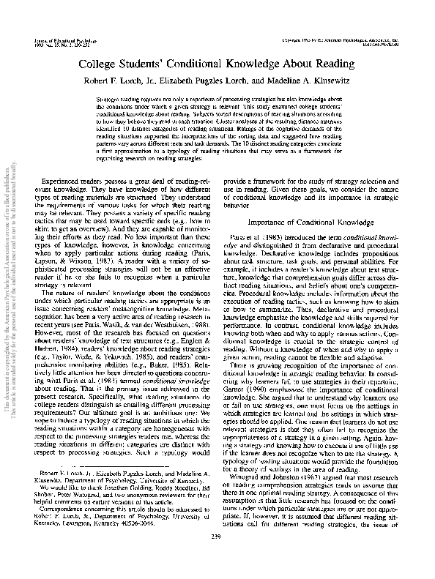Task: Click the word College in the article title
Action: tap(108, 64)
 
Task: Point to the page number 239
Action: tap(217, 557)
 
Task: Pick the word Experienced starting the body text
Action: tap(65, 179)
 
